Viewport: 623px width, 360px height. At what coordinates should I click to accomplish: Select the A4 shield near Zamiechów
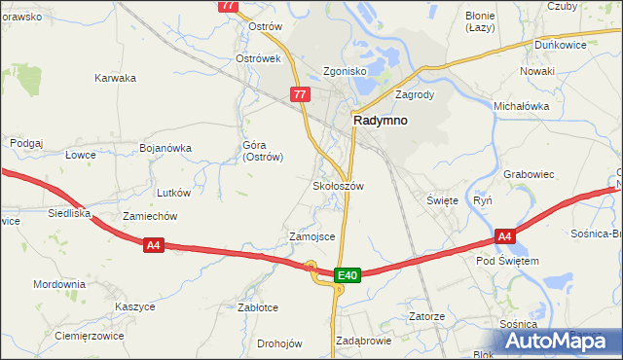[x=153, y=246]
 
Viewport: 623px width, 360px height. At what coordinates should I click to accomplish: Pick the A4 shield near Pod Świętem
[x=504, y=235]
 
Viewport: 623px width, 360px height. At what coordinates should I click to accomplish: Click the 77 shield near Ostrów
[x=229, y=6]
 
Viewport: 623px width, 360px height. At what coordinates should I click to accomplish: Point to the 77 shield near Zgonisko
[x=300, y=94]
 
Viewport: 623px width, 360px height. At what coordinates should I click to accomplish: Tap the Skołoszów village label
[x=338, y=185]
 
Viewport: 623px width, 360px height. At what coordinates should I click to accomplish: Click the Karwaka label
[x=115, y=78]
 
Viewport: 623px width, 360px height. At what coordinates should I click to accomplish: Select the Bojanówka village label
[x=165, y=148]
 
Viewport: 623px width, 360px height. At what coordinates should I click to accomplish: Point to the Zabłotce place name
[x=258, y=307]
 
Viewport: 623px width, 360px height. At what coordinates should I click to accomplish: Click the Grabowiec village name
[x=529, y=174]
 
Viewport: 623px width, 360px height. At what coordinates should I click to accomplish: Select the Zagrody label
[x=414, y=95]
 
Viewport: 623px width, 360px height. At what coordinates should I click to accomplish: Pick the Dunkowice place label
[x=561, y=45]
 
